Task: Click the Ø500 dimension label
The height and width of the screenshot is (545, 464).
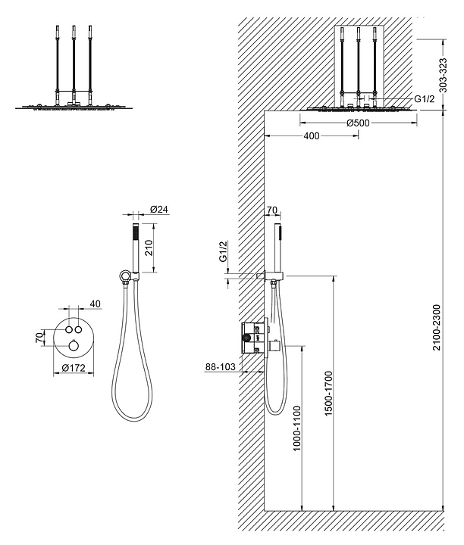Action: [358, 123]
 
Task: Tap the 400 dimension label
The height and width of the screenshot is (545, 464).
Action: [310, 135]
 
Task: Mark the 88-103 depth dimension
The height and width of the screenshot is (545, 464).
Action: [219, 367]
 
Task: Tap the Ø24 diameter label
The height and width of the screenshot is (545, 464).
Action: [158, 210]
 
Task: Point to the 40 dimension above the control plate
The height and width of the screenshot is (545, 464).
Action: [96, 304]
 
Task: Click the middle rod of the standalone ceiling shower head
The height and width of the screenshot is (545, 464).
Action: [74, 64]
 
